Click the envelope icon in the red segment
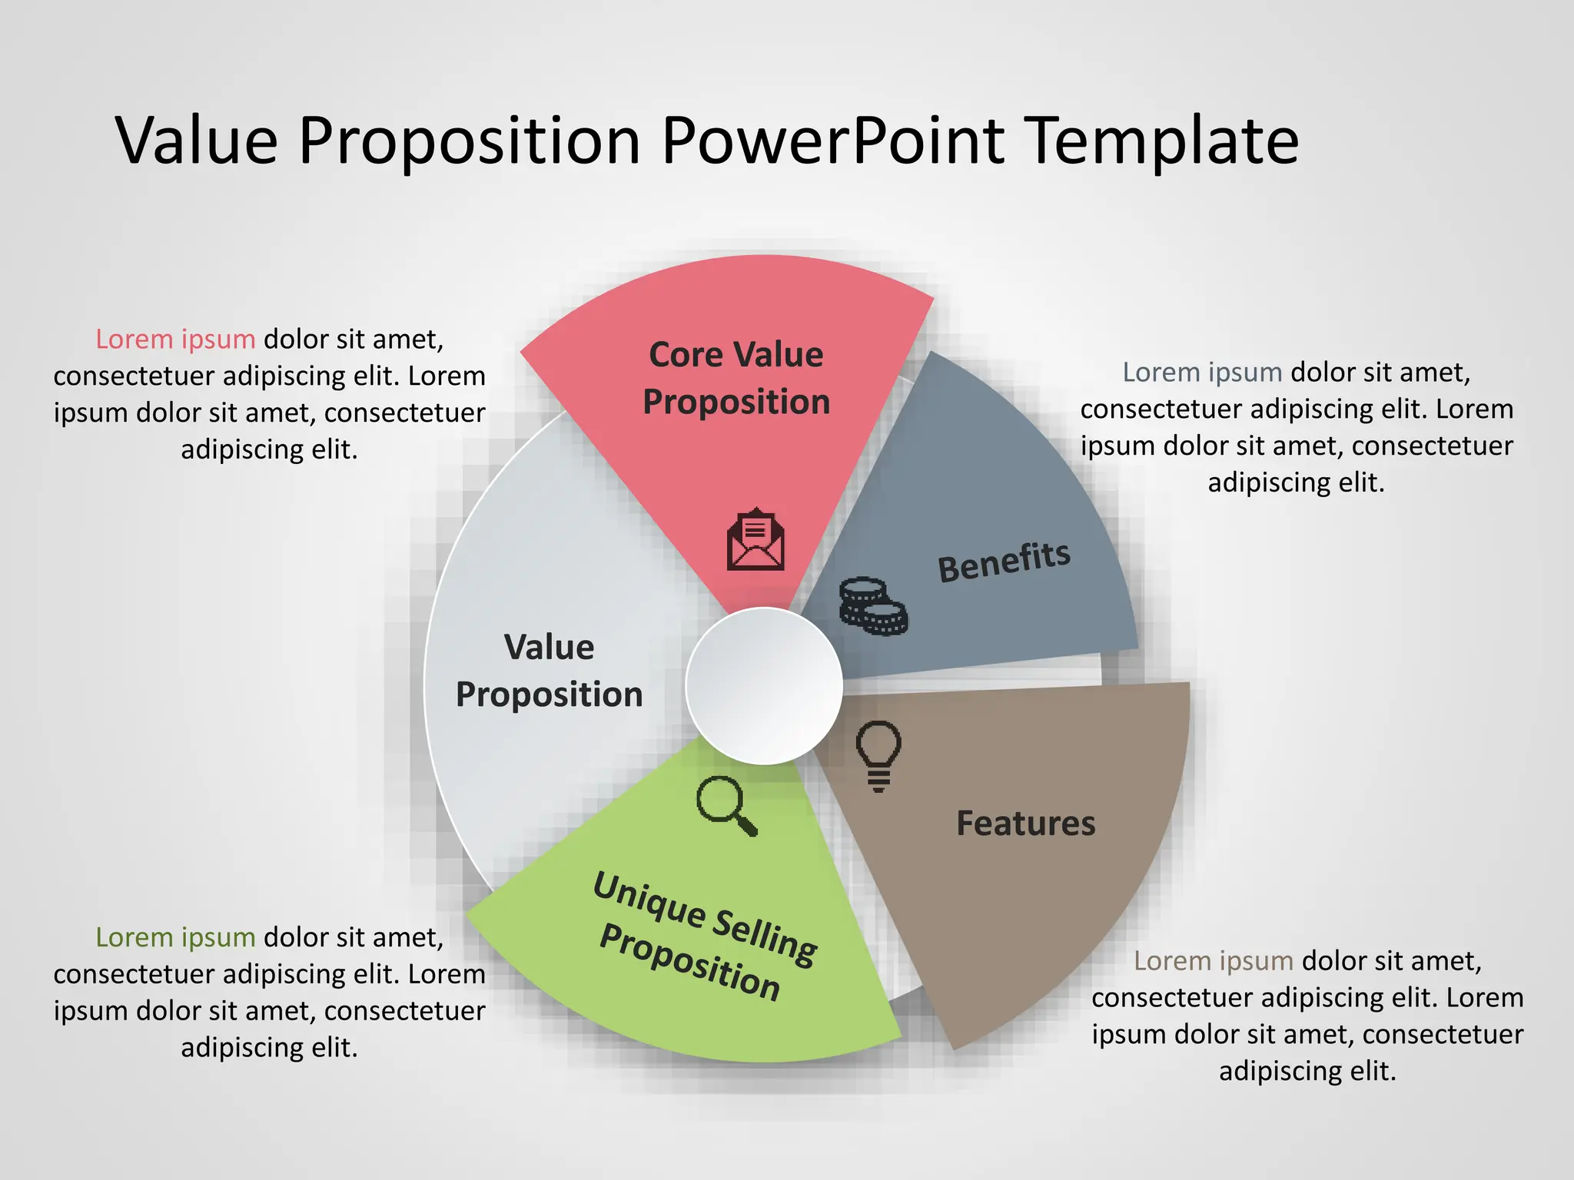755,540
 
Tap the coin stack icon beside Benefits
872,606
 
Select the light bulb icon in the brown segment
878,755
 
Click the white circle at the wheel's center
764,686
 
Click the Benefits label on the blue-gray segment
1004,561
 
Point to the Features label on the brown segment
1025,824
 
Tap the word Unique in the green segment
649,900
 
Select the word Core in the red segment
686,355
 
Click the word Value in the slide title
197,141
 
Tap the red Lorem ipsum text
175,339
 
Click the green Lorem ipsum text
175,937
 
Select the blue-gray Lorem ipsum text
1202,373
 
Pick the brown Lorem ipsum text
1214,961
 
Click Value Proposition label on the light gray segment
549,671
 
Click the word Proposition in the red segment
736,403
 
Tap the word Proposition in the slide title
469,141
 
